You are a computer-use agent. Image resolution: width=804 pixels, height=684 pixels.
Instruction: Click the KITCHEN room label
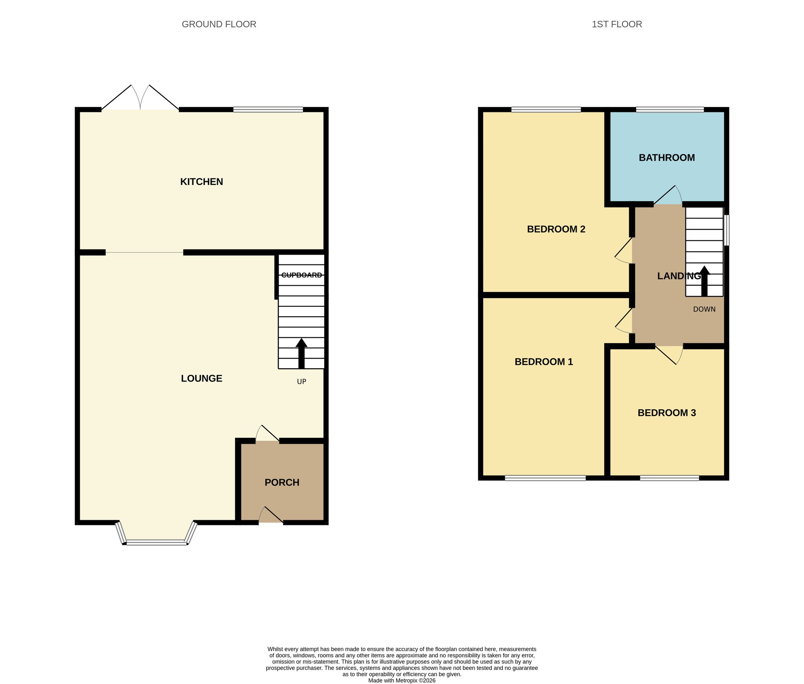[201, 182]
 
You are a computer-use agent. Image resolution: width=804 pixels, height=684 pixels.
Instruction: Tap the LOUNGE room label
[201, 378]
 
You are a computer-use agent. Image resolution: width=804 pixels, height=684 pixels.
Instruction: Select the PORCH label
[282, 482]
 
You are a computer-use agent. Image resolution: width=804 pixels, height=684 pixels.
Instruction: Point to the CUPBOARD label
[301, 275]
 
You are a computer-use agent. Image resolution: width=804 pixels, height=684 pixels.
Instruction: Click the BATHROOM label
[667, 158]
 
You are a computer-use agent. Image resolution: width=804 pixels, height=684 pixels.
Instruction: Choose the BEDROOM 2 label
[556, 229]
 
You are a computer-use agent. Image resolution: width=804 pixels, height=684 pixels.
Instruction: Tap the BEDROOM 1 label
[544, 362]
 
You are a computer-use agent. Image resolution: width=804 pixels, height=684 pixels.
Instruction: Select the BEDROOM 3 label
[667, 413]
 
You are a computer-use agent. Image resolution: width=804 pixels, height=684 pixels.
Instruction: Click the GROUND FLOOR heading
[219, 24]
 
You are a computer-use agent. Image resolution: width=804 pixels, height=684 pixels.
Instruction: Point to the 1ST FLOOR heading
[617, 24]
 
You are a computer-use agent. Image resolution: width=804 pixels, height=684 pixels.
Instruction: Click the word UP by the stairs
[301, 381]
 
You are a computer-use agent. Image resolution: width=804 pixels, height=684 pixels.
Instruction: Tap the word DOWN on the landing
[704, 309]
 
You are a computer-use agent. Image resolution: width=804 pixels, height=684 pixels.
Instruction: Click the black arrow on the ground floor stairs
[301, 353]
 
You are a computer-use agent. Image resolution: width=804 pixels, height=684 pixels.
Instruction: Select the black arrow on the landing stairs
[704, 281]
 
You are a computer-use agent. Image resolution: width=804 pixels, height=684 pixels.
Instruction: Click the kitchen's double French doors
[140, 97]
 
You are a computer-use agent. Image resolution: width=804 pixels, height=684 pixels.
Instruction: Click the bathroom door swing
[668, 195]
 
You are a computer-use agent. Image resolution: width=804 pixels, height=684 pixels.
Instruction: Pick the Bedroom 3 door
[669, 355]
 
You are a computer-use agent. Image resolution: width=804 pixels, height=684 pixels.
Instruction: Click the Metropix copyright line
[402, 680]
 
